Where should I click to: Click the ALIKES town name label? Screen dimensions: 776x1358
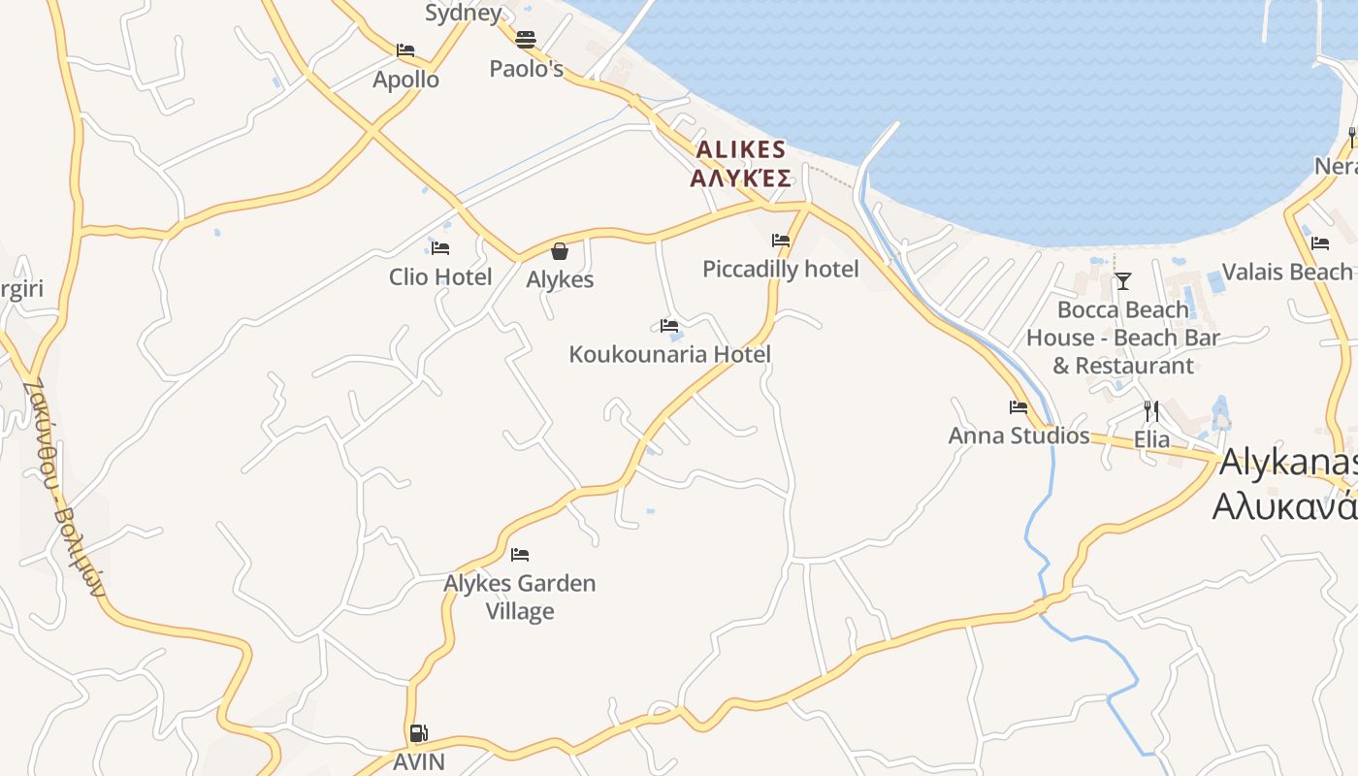(x=741, y=149)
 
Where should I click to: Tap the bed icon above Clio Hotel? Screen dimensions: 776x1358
(x=440, y=248)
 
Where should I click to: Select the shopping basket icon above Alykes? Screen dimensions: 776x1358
(x=560, y=251)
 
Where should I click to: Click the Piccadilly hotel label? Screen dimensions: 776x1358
(x=780, y=269)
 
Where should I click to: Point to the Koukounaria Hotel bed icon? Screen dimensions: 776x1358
(x=669, y=326)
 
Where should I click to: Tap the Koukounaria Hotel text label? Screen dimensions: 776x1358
(x=669, y=354)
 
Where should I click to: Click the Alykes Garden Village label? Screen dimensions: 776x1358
(x=520, y=597)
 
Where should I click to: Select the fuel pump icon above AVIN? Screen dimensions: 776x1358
(x=418, y=733)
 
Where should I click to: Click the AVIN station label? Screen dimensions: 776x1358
(x=418, y=761)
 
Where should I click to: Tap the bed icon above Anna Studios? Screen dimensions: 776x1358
(x=1018, y=407)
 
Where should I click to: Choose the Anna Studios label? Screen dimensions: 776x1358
(x=1018, y=436)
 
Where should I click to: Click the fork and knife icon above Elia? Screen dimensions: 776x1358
(x=1151, y=411)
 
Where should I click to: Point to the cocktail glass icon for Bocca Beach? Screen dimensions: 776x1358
(x=1123, y=281)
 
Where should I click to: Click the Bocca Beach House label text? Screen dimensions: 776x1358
(x=1123, y=338)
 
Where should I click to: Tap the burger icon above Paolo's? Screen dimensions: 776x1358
(x=526, y=40)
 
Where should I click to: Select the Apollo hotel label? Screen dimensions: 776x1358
(x=405, y=80)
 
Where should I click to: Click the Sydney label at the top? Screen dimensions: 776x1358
(x=463, y=13)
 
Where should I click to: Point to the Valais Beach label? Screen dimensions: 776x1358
(x=1286, y=272)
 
